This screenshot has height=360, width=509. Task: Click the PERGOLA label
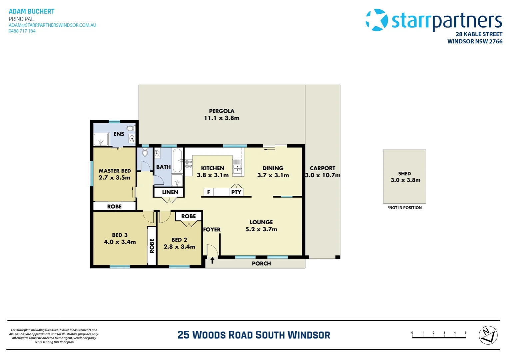[x=222, y=111]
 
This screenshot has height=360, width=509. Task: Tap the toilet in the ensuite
[x=130, y=128]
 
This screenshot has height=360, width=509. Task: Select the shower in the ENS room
[x=101, y=139]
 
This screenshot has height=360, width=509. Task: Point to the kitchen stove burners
[x=189, y=164]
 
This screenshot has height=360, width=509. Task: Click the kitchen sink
[x=237, y=167]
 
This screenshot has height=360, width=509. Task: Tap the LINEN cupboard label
[x=170, y=192]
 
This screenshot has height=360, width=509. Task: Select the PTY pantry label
[x=236, y=192]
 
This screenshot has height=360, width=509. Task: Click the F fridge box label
[x=209, y=192]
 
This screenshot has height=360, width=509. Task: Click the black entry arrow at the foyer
[x=212, y=260]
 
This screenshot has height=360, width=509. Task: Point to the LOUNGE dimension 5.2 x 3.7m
[x=261, y=229]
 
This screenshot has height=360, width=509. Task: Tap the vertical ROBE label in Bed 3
[x=152, y=246]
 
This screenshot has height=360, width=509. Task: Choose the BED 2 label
[x=179, y=240]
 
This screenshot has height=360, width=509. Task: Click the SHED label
[x=404, y=174]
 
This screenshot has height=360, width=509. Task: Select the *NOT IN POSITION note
[x=404, y=208]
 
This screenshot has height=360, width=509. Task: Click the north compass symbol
[x=488, y=335]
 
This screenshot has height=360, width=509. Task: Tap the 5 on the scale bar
[x=465, y=333]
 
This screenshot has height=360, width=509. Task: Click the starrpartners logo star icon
[x=377, y=20]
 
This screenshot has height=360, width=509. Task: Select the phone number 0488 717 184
[x=22, y=31]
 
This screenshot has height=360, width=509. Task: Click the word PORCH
[x=261, y=264]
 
